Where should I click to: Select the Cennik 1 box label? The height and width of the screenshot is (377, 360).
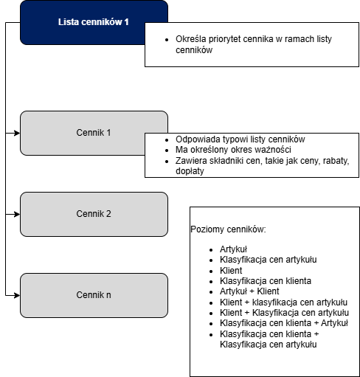tap(94, 133)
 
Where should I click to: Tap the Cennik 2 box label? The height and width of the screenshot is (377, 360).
tap(94, 214)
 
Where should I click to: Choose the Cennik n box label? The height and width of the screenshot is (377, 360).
tap(94, 295)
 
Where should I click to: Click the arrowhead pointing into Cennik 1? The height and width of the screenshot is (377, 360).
tap(17, 133)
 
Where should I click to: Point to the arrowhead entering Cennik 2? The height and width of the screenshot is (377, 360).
tap(17, 214)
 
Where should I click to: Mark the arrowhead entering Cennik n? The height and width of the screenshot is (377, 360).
tap(17, 295)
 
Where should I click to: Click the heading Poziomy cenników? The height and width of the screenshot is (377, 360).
tap(228, 229)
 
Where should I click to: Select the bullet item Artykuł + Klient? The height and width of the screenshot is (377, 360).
tap(249, 291)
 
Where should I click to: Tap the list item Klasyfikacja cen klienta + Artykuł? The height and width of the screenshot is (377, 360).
tap(284, 323)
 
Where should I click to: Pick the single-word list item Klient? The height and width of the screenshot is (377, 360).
tap(231, 271)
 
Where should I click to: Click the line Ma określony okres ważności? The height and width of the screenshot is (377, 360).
tap(233, 150)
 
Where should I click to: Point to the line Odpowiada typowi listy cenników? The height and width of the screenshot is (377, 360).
tap(240, 139)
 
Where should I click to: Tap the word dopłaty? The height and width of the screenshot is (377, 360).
tap(190, 171)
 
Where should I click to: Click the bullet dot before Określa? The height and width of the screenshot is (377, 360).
tap(167, 40)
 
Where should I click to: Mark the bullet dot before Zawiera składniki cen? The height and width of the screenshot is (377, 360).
tap(167, 162)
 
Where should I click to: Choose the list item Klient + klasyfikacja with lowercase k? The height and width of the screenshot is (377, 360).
tap(283, 302)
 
